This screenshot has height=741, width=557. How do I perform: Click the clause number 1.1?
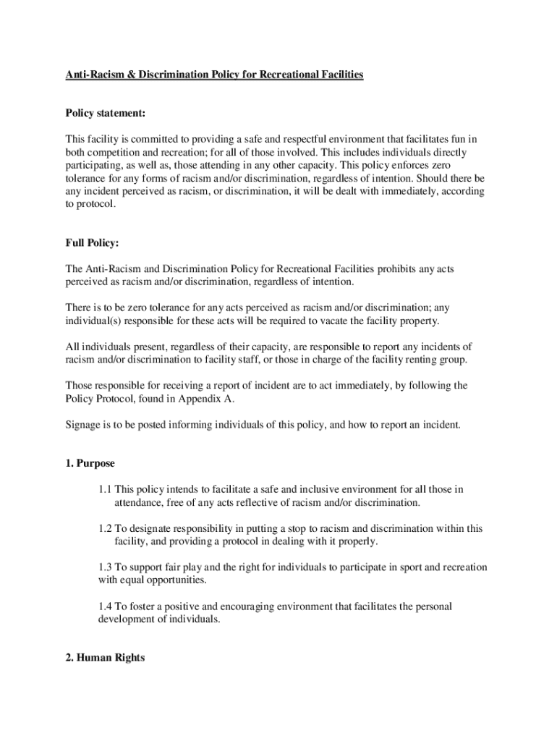click(x=105, y=489)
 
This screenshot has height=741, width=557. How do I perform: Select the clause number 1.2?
click(x=105, y=528)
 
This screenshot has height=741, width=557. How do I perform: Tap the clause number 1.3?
click(x=105, y=567)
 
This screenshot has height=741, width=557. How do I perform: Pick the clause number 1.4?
click(x=105, y=606)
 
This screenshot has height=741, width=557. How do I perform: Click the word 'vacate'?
click(x=345, y=321)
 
